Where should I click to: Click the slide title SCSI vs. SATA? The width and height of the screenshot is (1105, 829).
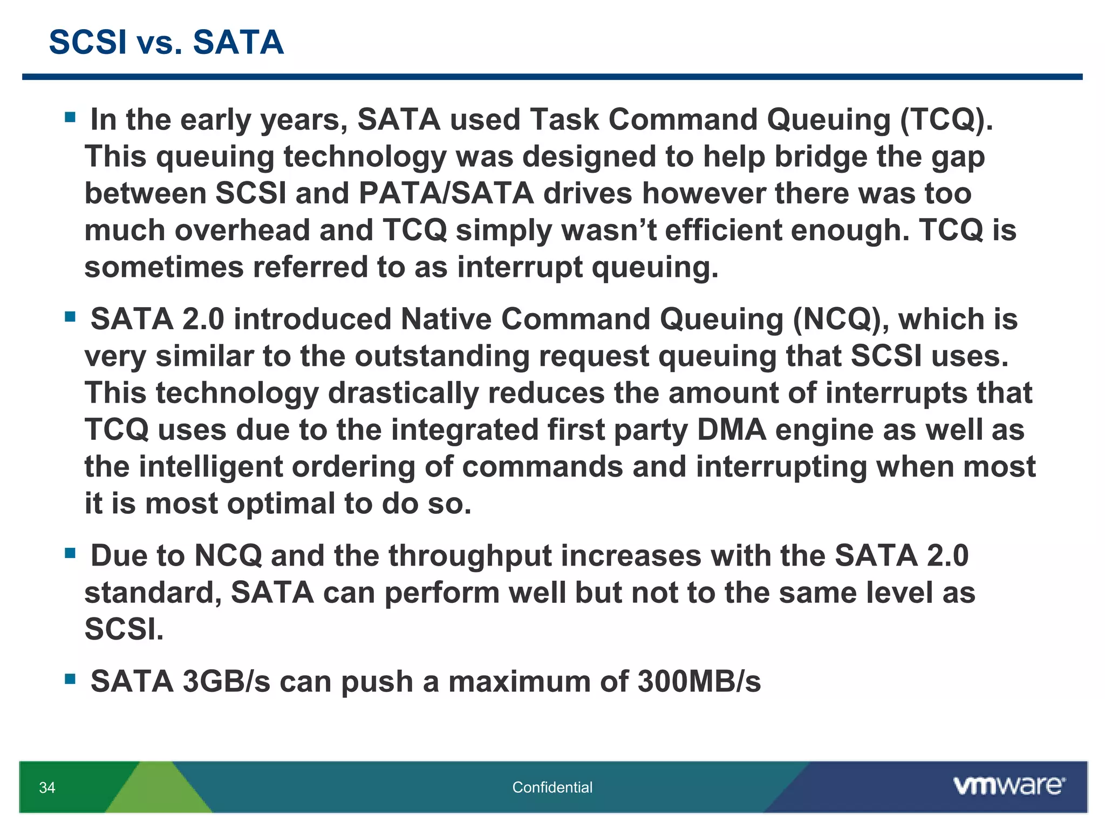pyautogui.click(x=166, y=42)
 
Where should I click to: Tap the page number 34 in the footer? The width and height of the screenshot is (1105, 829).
pyautogui.click(x=47, y=787)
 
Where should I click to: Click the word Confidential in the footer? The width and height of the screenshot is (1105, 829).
pyautogui.click(x=552, y=787)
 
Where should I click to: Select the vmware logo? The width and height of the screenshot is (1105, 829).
pyautogui.click(x=1009, y=786)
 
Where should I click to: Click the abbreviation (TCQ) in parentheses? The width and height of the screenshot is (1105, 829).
pyautogui.click(x=945, y=119)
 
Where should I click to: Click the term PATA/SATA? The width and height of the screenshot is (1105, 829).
pyautogui.click(x=446, y=193)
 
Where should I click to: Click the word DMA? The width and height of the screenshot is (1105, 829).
pyautogui.click(x=731, y=430)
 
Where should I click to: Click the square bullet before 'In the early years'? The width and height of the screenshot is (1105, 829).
pyautogui.click(x=70, y=117)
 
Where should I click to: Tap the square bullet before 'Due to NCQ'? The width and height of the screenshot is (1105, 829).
pyautogui.click(x=70, y=553)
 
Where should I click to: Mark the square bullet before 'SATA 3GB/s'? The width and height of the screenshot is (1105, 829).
pyautogui.click(x=70, y=679)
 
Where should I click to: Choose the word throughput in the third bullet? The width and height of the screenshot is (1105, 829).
pyautogui.click(x=470, y=556)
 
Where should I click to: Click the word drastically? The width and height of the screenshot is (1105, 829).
pyautogui.click(x=403, y=393)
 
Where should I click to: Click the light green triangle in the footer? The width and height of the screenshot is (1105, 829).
pyautogui.click(x=158, y=791)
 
